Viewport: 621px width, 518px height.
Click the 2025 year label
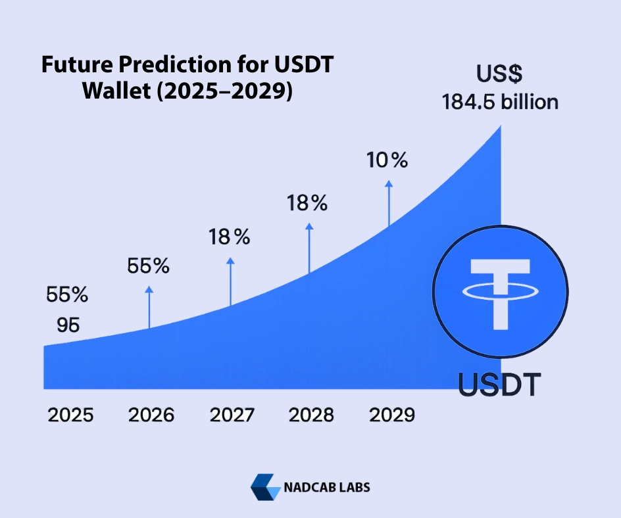[x=70, y=415]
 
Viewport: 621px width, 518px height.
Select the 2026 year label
[x=151, y=415]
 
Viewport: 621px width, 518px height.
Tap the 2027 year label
[x=232, y=415]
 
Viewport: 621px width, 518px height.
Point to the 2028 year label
[x=311, y=415]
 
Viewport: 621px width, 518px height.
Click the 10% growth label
[x=387, y=160]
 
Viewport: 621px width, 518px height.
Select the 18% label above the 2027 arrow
[x=230, y=237]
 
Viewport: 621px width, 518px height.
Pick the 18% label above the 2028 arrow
[x=307, y=203]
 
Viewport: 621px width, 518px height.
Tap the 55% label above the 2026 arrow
[x=148, y=266]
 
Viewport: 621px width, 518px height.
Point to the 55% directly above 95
[x=67, y=295]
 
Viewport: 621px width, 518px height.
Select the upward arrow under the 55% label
[x=149, y=307]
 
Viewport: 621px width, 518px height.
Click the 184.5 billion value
[x=500, y=103]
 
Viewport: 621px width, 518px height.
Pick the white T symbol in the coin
[x=500, y=291]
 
